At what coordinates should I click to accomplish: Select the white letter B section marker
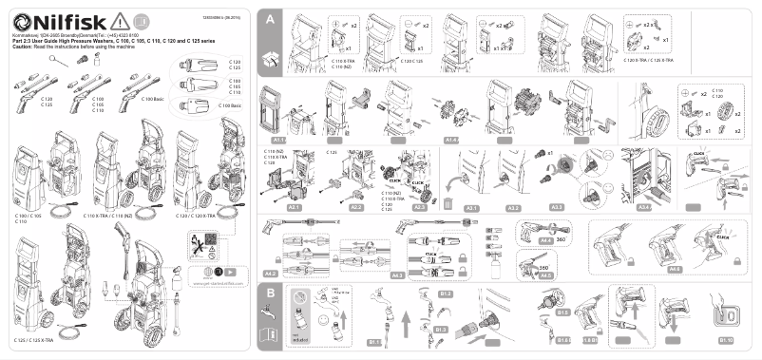(x=272, y=293)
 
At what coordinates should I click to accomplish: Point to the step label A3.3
(x=556, y=207)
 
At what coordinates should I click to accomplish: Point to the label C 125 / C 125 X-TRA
(x=40, y=339)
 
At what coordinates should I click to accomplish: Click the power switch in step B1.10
(x=728, y=313)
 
